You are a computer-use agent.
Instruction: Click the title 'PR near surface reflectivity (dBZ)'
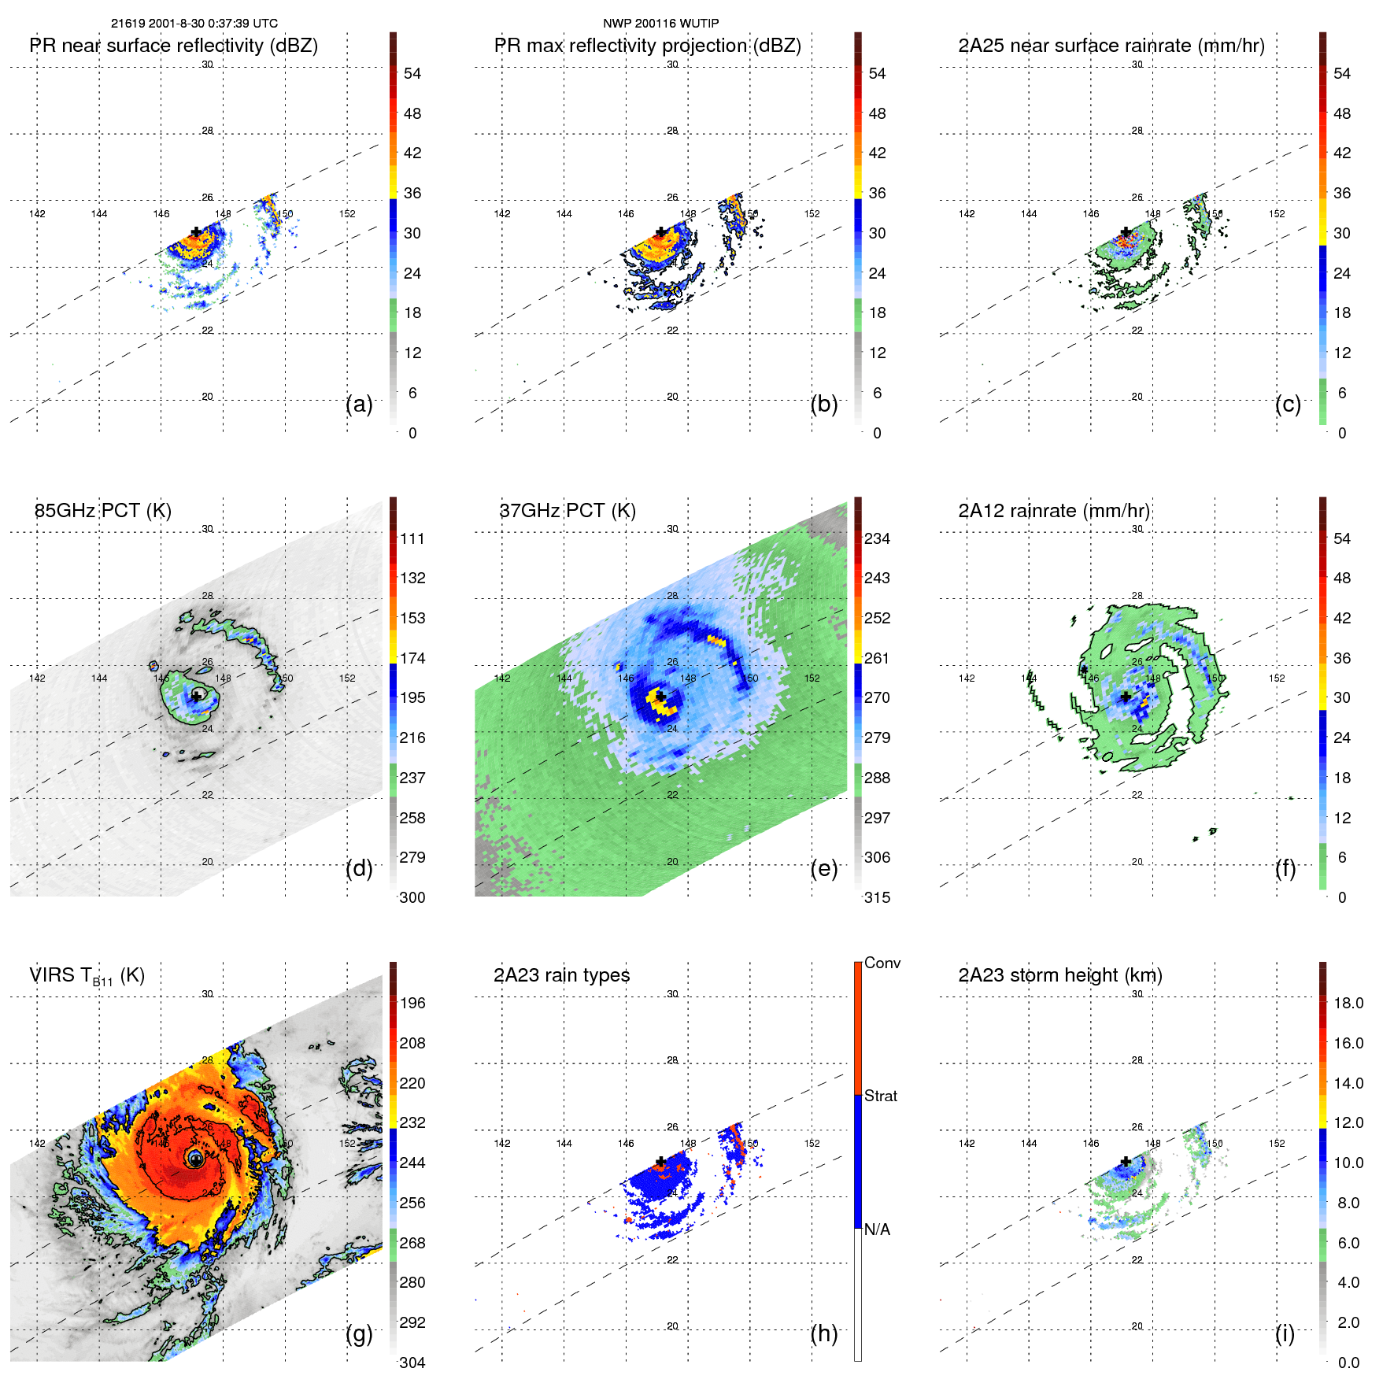click(173, 46)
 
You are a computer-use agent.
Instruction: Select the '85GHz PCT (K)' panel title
click(102, 511)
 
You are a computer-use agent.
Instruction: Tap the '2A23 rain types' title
click(561, 975)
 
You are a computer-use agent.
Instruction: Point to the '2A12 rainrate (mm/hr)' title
click(1054, 511)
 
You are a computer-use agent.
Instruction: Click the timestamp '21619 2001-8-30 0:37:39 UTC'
click(194, 24)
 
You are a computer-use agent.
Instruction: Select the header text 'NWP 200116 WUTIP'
click(660, 24)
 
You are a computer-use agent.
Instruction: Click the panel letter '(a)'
click(359, 405)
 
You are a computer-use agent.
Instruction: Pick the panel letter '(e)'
click(824, 869)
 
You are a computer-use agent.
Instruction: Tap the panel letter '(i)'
click(1285, 1333)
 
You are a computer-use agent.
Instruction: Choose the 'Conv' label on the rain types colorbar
click(882, 963)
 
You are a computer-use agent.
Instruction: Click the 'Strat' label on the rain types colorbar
click(880, 1096)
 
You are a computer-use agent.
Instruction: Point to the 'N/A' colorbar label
click(877, 1229)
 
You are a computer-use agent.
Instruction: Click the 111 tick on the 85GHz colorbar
click(412, 538)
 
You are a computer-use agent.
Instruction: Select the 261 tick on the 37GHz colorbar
click(877, 658)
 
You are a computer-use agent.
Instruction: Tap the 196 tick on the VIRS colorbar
click(412, 1003)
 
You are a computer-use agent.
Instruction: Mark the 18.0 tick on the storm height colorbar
click(1348, 1003)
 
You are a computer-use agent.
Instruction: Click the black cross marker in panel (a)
click(196, 232)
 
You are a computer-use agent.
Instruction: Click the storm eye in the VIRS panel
click(196, 1159)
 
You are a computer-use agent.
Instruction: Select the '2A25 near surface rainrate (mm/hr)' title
click(1111, 46)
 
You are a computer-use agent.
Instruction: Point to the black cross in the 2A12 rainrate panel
click(1126, 697)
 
